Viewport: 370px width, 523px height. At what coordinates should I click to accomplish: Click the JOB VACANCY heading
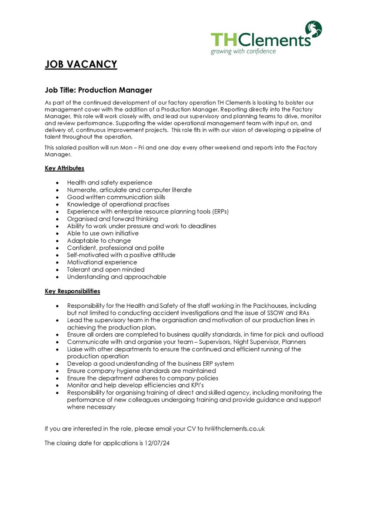tap(81, 65)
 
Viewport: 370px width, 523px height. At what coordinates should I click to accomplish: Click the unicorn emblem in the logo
tap(314, 29)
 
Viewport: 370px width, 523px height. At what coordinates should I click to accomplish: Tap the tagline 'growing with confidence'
tap(243, 51)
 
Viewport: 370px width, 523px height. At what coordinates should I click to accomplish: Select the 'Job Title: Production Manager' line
tap(99, 90)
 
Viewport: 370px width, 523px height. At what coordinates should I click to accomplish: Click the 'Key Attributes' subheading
tap(65, 168)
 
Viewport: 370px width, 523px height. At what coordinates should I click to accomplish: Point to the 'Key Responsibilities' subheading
tap(72, 291)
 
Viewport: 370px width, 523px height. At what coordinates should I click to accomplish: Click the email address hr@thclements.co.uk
tap(235, 429)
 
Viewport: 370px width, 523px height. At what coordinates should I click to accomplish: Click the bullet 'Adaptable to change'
tap(99, 241)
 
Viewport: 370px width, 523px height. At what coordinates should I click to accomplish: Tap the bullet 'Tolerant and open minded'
tap(106, 270)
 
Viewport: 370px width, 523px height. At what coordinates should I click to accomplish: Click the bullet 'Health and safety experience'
tap(110, 183)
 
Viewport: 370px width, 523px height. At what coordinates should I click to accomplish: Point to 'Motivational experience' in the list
tap(102, 262)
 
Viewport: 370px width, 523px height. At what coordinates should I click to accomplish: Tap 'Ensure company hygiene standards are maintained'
tap(141, 371)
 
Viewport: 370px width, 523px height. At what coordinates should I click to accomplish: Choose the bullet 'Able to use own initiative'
tap(103, 234)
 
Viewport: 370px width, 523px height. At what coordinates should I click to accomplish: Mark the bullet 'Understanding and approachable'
tap(116, 277)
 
